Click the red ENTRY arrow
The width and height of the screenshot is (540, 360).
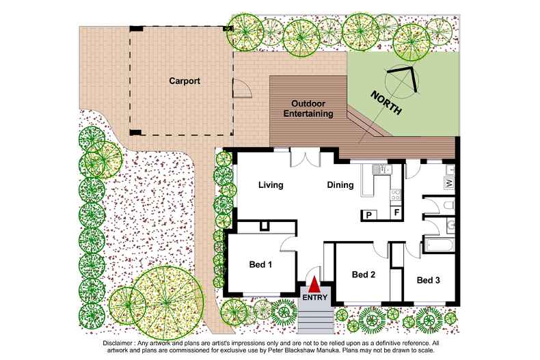click(313, 286)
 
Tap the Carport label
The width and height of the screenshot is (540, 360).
click(185, 81)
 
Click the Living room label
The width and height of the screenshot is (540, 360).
click(271, 185)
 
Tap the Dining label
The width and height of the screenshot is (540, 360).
click(340, 185)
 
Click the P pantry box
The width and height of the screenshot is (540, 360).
click(369, 215)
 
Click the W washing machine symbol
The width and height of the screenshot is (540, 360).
click(449, 184)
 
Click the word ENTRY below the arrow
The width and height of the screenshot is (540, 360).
click(314, 297)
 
